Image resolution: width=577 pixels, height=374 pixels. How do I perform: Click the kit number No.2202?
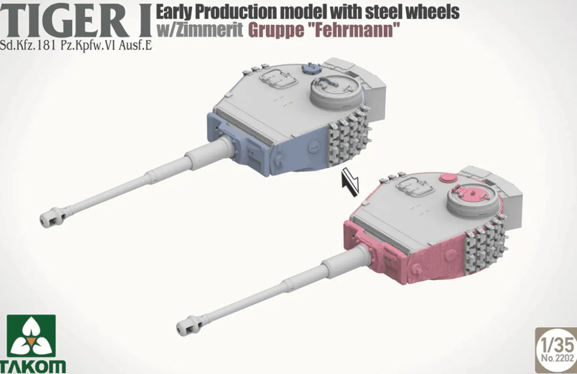click(557, 358)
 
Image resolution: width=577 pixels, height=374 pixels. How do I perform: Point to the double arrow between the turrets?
click(350, 181)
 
